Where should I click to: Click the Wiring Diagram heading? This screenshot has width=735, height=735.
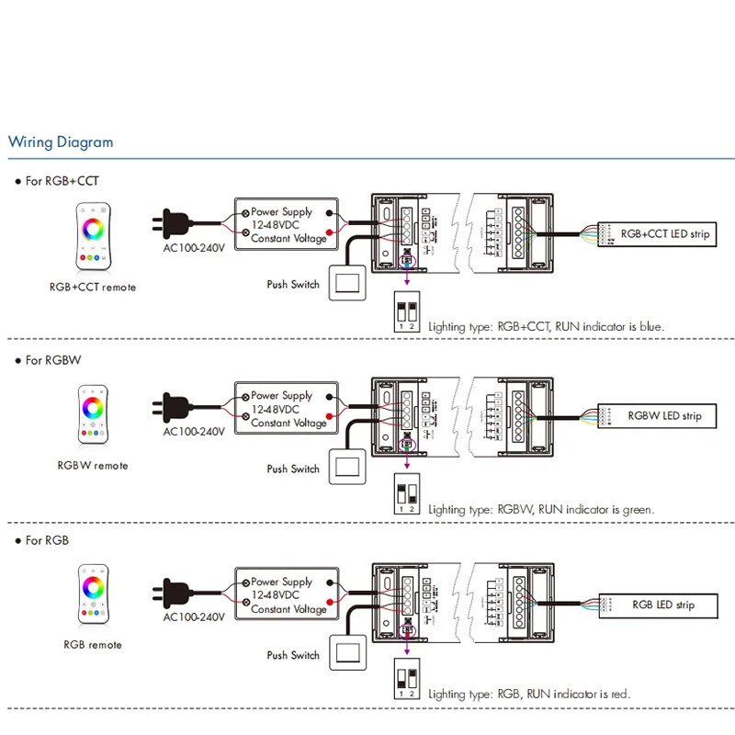tap(61, 142)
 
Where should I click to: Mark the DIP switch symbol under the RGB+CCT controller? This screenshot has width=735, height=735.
tap(406, 313)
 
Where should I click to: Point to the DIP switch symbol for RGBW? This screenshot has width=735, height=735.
tap(406, 494)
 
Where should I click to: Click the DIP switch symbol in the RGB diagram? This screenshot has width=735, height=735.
tap(406, 681)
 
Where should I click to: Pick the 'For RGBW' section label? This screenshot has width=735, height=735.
tap(53, 360)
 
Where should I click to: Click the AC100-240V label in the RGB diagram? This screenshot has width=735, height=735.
tap(194, 617)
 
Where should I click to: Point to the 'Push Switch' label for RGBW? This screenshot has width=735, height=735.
tap(293, 469)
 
